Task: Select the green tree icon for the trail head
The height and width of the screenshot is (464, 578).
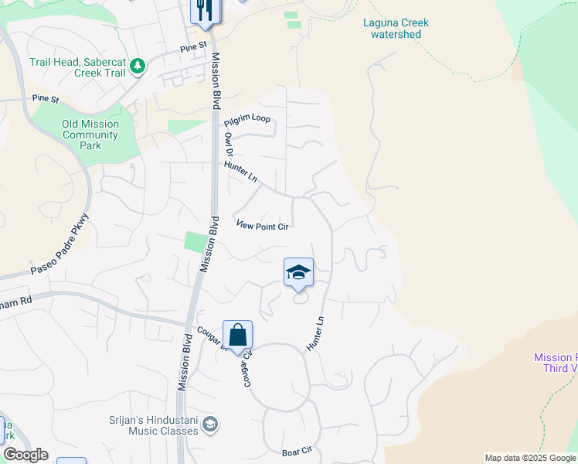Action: [x=138, y=67]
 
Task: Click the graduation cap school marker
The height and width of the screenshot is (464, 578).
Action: [x=298, y=273]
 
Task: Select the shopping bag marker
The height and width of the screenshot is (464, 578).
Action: [x=238, y=336]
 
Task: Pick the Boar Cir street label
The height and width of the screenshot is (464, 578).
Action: [x=296, y=450]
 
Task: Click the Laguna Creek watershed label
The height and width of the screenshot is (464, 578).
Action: [x=396, y=29]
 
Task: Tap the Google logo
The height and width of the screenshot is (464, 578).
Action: [x=25, y=454]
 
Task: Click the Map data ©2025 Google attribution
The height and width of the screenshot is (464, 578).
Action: [x=531, y=458]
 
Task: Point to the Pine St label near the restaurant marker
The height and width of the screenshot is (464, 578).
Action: [x=194, y=47]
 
